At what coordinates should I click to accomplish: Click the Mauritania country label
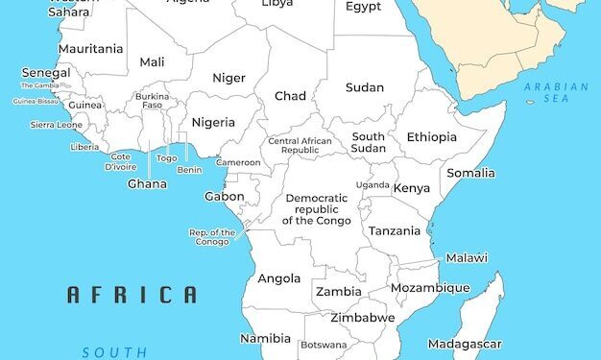(91, 49)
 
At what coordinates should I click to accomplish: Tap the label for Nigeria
(213, 122)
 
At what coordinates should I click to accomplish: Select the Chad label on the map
(290, 96)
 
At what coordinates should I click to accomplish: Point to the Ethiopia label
(432, 137)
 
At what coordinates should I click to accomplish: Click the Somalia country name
(471, 174)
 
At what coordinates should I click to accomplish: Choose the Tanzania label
(395, 231)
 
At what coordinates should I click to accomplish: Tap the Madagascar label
(465, 344)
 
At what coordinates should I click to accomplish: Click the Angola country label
(279, 279)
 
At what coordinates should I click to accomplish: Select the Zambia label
(339, 292)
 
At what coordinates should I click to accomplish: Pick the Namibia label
(265, 339)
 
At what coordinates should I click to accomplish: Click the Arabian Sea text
(556, 93)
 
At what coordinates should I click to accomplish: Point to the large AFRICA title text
(132, 295)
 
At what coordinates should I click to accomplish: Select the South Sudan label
(369, 143)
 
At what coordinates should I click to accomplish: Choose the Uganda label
(373, 184)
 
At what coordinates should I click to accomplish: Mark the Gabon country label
(224, 197)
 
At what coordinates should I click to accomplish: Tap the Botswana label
(324, 345)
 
